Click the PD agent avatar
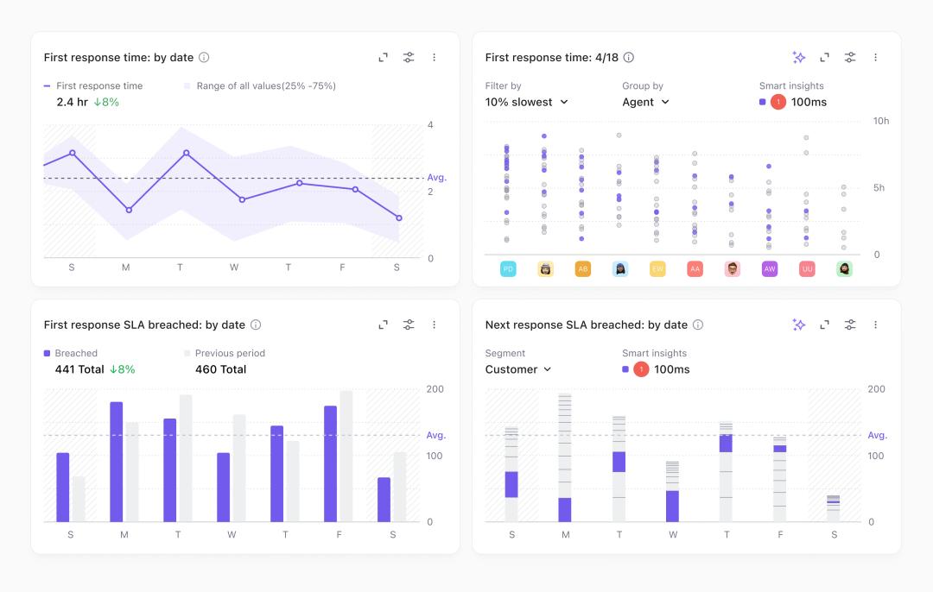click(508, 269)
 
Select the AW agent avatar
click(770, 269)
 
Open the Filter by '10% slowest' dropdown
click(527, 102)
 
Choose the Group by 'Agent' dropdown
click(645, 102)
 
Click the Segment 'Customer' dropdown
click(518, 369)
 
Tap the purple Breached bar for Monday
click(117, 462)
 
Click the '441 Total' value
click(79, 369)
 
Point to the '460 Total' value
click(220, 369)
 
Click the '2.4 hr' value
click(72, 102)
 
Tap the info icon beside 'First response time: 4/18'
click(629, 58)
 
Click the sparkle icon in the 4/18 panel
click(799, 58)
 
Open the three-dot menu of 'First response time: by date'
click(434, 58)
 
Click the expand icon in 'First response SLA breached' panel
click(384, 325)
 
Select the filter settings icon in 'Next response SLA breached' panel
click(850, 325)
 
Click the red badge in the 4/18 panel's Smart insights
click(777, 102)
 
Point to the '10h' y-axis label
click(880, 121)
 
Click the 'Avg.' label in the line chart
click(436, 178)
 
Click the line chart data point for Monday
click(128, 210)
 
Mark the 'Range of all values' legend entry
click(259, 86)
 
